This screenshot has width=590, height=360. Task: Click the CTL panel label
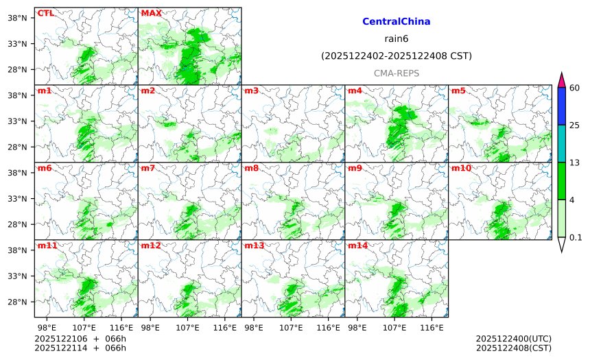(x=45, y=13)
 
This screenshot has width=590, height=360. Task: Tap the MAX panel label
(x=151, y=13)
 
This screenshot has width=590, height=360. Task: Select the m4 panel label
(x=355, y=91)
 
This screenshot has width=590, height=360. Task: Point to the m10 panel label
(x=460, y=168)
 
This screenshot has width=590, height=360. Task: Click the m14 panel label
(x=357, y=245)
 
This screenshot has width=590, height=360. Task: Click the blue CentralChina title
(x=396, y=22)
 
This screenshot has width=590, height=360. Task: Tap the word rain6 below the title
(x=396, y=38)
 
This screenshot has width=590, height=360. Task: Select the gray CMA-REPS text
(x=396, y=73)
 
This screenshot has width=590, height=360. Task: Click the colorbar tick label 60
(x=575, y=88)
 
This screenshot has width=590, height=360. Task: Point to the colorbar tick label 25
(x=575, y=125)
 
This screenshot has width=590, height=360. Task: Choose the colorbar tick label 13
(x=575, y=162)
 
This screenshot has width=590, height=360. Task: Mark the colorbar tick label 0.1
(x=576, y=237)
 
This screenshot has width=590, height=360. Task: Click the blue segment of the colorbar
(x=561, y=106)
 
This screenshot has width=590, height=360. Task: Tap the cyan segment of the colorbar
(x=561, y=143)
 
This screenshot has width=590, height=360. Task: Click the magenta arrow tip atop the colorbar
(x=561, y=80)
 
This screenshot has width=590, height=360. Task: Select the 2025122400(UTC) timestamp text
(x=513, y=339)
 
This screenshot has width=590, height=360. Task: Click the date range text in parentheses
(x=396, y=56)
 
